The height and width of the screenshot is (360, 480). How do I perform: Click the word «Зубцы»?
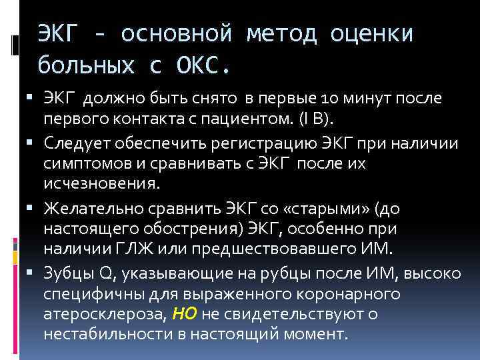[x=65, y=274]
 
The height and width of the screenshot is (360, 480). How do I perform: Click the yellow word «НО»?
[x=184, y=313]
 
